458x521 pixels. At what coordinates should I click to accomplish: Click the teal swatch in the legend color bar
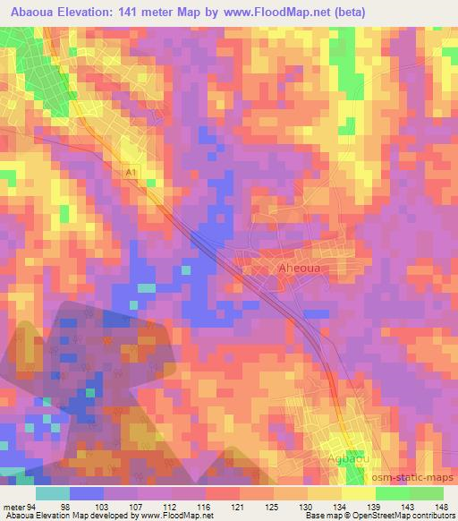[x=53, y=493]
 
